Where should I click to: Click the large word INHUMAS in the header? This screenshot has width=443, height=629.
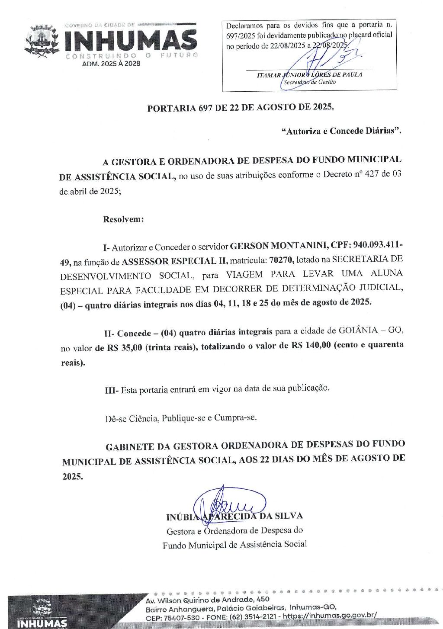131,40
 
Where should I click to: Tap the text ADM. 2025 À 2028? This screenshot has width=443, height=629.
111,64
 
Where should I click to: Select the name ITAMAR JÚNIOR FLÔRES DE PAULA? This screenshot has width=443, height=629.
309,74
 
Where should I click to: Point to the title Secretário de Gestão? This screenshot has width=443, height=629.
309,82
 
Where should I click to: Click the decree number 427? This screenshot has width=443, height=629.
372,175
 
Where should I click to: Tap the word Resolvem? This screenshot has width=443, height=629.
123,219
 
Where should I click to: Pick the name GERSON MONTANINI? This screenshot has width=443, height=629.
278,246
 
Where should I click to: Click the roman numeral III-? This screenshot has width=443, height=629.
112,390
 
